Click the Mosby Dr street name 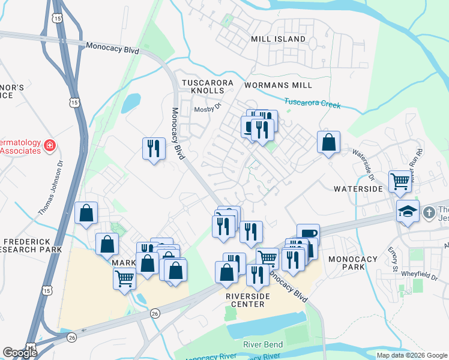pyautogui.click(x=208, y=109)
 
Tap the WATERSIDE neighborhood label pyautogui.click(x=358, y=188)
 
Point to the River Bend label pyautogui.click(x=262, y=344)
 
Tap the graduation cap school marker pyautogui.click(x=408, y=211)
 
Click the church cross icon pyautogui.click(x=429, y=212)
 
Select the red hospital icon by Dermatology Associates pyautogui.click(x=49, y=145)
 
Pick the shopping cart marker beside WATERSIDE pyautogui.click(x=400, y=181)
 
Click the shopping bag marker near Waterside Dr pyautogui.click(x=328, y=143)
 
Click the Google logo pyautogui.click(x=20, y=353)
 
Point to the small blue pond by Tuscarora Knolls pyautogui.click(x=131, y=103)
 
